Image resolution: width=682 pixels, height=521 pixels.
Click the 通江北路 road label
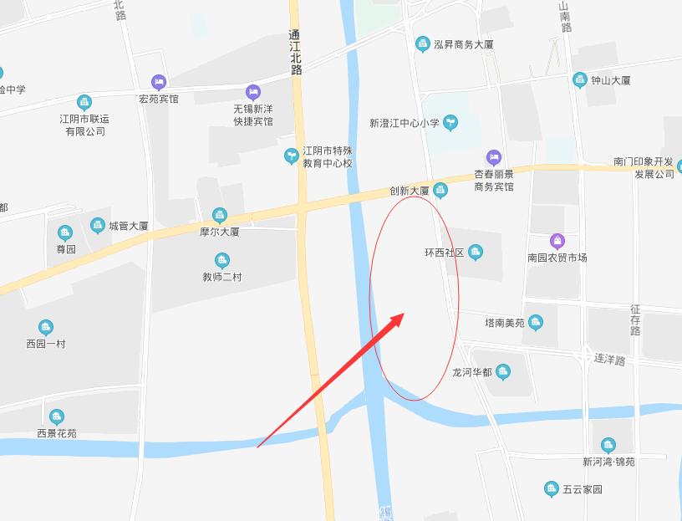(294, 53)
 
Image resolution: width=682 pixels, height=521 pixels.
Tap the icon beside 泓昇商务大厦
(422, 43)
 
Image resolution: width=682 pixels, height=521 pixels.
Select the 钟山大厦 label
(610, 80)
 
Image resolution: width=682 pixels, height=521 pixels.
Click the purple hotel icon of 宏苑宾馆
(158, 82)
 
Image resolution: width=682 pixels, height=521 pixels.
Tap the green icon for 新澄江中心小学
(450, 122)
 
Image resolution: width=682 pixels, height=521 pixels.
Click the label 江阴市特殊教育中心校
(327, 157)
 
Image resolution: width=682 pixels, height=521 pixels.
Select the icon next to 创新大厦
(441, 191)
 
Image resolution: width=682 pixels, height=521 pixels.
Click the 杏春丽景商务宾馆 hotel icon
(494, 156)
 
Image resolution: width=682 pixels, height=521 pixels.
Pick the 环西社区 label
(444, 253)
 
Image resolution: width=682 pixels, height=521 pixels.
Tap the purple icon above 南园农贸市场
(557, 241)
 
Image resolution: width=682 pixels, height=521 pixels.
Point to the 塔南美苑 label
(505, 323)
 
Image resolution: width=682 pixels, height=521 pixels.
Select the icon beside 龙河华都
(502, 371)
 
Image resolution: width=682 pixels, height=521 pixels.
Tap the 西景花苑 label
(56, 433)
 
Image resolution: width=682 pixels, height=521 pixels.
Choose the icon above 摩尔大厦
(219, 215)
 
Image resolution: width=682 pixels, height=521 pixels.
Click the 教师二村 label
(221, 277)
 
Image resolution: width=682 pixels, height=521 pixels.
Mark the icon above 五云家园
(551, 488)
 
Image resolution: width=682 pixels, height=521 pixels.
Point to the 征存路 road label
(635, 320)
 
